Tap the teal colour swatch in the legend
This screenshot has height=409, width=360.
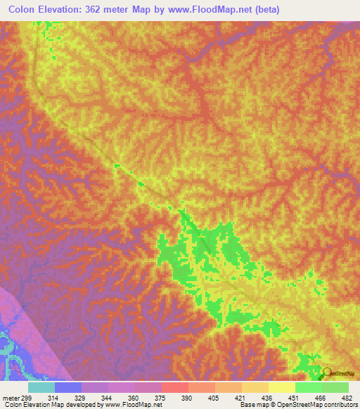click(x=41, y=387)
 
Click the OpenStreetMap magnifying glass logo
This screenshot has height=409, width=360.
click(x=327, y=372)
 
